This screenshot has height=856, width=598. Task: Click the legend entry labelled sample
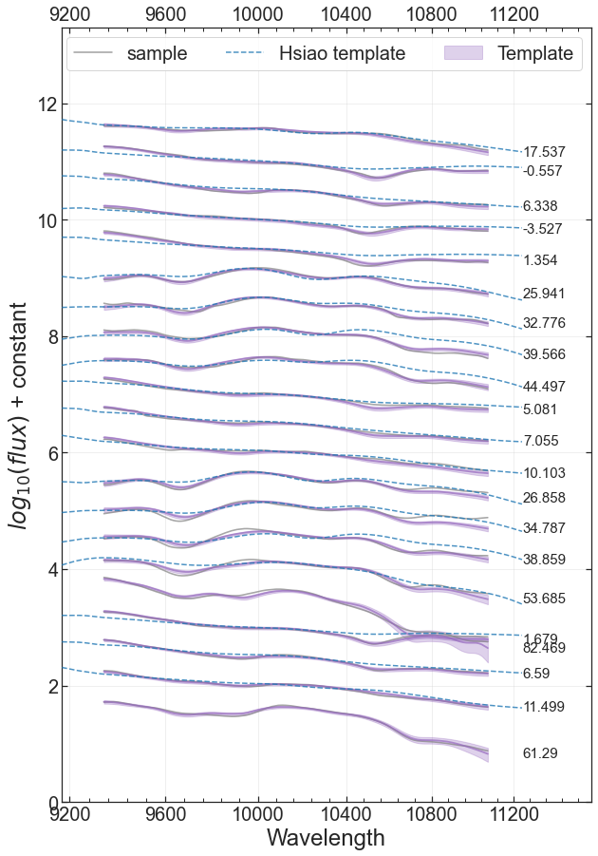coord(130,53)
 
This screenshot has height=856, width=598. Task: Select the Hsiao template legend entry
coord(315,53)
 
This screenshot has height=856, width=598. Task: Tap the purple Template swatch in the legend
coord(464,53)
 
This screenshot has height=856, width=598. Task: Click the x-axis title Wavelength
coord(326,837)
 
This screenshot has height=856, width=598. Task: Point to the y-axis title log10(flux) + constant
coord(17,415)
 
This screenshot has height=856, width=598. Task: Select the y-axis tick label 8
coord(51,337)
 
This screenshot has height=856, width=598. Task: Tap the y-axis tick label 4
coord(51,569)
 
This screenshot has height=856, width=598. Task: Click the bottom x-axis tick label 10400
coord(346,814)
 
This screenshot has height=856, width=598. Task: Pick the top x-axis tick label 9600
coord(166,13)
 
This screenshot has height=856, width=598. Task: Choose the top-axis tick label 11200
coord(514,13)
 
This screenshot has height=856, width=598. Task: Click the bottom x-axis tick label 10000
coord(258,814)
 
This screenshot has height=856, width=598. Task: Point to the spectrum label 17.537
coord(544,152)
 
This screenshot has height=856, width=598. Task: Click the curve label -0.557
coord(542,171)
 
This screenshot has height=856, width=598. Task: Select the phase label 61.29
coord(540,753)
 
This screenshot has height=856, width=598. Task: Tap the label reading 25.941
coord(544,294)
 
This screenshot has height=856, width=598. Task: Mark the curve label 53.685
coord(544,599)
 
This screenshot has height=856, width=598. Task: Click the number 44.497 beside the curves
coord(544,387)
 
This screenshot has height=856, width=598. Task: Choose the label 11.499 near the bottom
coord(544,707)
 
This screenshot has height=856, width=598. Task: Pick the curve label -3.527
coord(542,229)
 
